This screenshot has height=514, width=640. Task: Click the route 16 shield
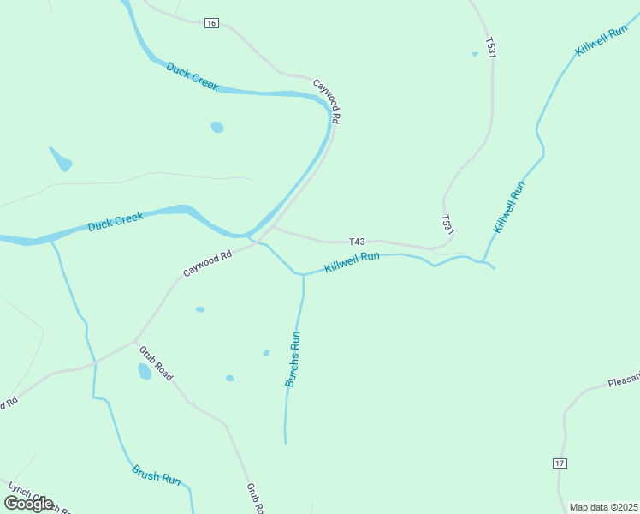pyautogui.click(x=211, y=23)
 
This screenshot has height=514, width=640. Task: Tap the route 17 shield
pyautogui.click(x=560, y=463)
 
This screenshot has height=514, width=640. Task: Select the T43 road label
pyautogui.click(x=358, y=242)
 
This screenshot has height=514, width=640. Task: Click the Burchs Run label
pyautogui.click(x=293, y=359)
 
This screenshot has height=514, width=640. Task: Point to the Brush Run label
pyautogui.click(x=157, y=475)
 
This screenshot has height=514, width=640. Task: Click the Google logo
pyautogui.click(x=28, y=504)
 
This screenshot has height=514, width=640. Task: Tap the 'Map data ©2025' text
pyautogui.click(x=603, y=507)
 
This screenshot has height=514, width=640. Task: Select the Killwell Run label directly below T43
pyautogui.click(x=352, y=262)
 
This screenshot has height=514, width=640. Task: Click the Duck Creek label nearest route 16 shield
pyautogui.click(x=193, y=76)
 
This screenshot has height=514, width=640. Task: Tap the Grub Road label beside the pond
pyautogui.click(x=157, y=363)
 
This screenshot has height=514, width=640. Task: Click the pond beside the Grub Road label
pyautogui.click(x=145, y=371)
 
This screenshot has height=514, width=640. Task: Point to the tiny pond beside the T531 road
pyautogui.click(x=475, y=54)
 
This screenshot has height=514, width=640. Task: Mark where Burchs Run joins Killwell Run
pyautogui.click(x=303, y=275)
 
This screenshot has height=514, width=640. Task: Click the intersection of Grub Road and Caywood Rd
pyautogui.click(x=136, y=340)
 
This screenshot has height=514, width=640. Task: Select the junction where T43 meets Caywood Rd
pyautogui.click(x=272, y=228)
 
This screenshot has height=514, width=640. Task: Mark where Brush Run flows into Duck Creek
pyautogui.click(x=51, y=241)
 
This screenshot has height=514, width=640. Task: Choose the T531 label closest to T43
pyautogui.click(x=447, y=224)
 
